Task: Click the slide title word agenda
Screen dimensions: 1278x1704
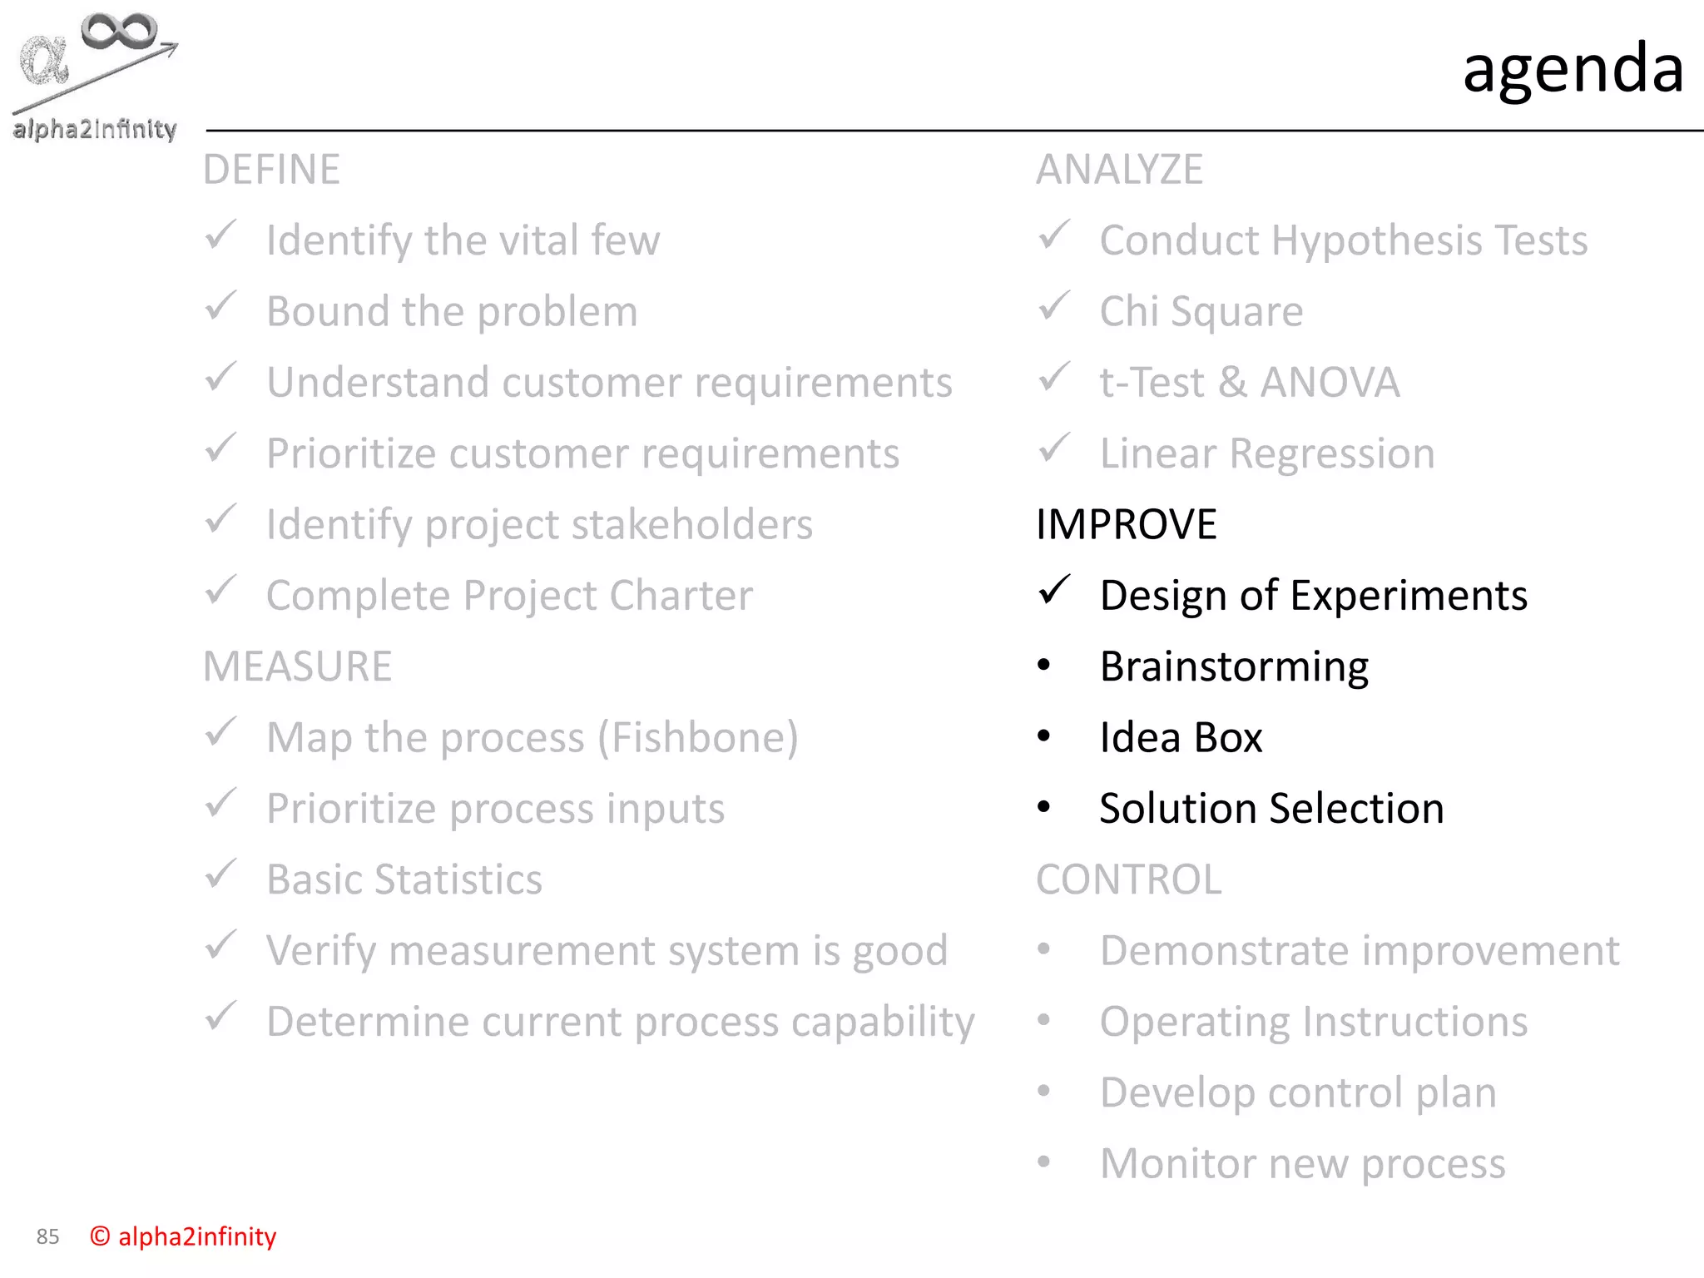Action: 1573,69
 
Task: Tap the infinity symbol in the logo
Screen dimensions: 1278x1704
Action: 118,32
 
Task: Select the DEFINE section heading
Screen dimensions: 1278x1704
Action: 271,170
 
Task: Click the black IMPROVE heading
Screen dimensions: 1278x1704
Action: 1126,524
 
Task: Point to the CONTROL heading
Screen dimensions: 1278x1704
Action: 1128,879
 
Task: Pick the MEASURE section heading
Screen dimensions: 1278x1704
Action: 297,666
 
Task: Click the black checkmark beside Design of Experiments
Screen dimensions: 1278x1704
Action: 1054,591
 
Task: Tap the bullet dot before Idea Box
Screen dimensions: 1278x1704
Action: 1044,736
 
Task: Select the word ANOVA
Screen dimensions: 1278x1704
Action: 1329,383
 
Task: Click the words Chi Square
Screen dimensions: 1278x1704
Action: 1201,312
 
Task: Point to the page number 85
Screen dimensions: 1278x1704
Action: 47,1236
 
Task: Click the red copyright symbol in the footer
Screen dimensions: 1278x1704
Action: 100,1236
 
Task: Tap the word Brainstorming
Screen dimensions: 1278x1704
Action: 1234,667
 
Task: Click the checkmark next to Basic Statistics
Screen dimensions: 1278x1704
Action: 221,874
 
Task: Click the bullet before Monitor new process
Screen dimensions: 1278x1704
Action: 1044,1162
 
